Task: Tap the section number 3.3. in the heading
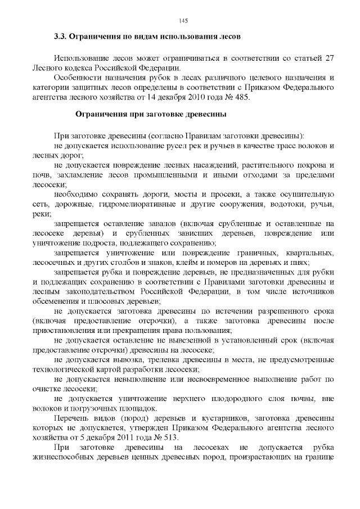60,37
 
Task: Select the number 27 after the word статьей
331,57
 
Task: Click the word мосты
191,194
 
